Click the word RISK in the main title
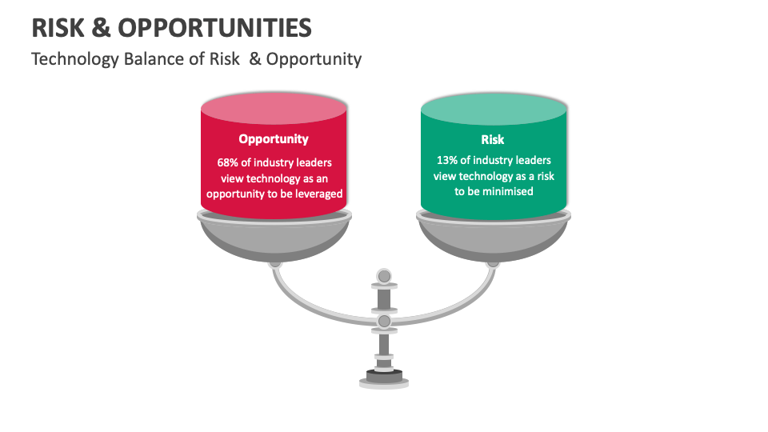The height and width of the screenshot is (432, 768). tap(58, 28)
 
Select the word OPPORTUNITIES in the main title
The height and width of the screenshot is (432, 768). tap(215, 28)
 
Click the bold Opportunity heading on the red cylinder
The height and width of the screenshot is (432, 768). tap(274, 139)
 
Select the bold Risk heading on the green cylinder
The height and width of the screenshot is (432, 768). tap(493, 139)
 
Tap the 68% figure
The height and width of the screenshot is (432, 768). tap(230, 162)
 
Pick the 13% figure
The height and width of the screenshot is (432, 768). tap(448, 160)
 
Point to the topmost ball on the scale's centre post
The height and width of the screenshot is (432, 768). tap(384, 277)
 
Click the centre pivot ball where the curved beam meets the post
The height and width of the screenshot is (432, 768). tap(384, 322)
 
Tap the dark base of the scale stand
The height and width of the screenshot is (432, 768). tap(384, 375)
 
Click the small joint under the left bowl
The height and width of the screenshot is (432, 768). tap(274, 262)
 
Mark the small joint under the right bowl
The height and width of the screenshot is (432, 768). tap(493, 262)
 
